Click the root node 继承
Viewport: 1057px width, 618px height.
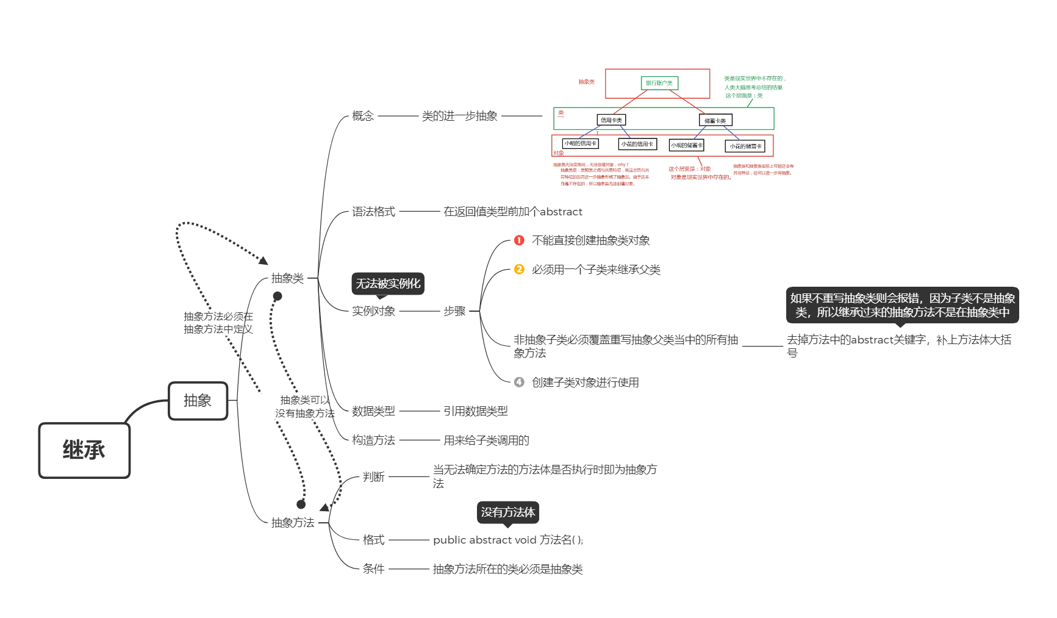click(84, 450)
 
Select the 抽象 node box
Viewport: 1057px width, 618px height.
click(198, 401)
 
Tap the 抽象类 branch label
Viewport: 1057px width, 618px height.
click(287, 278)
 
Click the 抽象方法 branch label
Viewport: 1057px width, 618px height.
click(293, 523)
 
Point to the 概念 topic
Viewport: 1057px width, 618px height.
click(363, 116)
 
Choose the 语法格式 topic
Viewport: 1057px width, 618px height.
click(373, 212)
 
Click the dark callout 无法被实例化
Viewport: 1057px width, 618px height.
click(388, 284)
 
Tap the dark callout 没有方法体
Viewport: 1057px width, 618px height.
click(507, 512)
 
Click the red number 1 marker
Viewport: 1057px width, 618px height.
click(519, 240)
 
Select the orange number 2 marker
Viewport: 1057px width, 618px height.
click(519, 270)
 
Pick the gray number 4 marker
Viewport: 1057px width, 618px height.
click(519, 383)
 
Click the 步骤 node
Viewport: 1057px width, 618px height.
click(454, 311)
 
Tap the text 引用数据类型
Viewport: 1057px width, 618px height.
click(475, 411)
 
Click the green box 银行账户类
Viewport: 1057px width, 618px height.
click(659, 83)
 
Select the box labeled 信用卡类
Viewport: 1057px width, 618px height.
click(611, 120)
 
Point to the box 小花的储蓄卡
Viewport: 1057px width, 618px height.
click(745, 146)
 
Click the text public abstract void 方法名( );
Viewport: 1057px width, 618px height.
click(508, 540)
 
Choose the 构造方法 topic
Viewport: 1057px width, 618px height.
click(373, 440)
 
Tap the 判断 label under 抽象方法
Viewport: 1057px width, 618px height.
click(373, 477)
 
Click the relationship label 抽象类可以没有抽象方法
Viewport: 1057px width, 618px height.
click(304, 407)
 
